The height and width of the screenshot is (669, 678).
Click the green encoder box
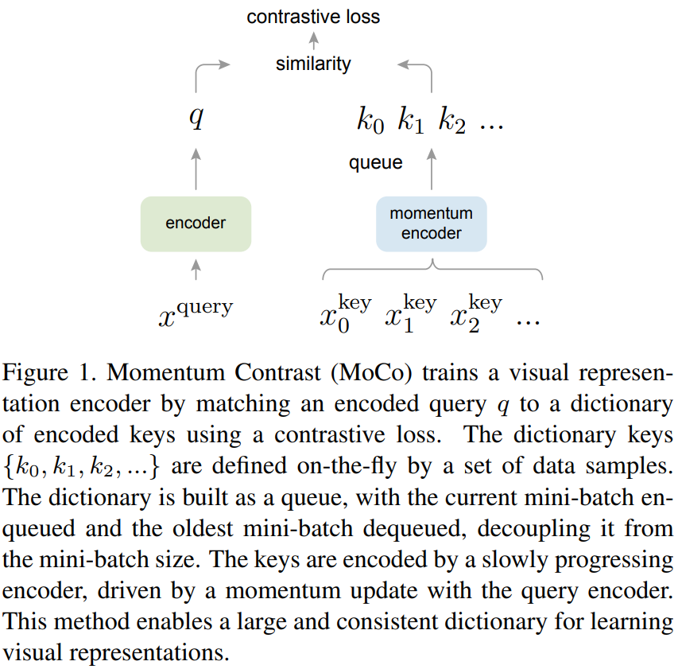(196, 224)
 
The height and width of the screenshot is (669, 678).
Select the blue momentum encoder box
(431, 224)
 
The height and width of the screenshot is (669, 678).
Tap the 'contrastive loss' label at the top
(313, 17)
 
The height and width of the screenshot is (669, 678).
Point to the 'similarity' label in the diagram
(313, 64)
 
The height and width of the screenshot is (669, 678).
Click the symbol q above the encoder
(196, 119)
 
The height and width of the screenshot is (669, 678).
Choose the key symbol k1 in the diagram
(412, 122)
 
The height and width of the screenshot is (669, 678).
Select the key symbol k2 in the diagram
(452, 122)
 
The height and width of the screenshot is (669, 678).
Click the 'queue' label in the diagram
(376, 163)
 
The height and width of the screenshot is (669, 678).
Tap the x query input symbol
(196, 312)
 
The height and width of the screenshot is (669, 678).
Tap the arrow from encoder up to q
(196, 169)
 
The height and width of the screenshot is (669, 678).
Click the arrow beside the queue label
(432, 169)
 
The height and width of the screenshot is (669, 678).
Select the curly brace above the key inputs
(432, 270)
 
